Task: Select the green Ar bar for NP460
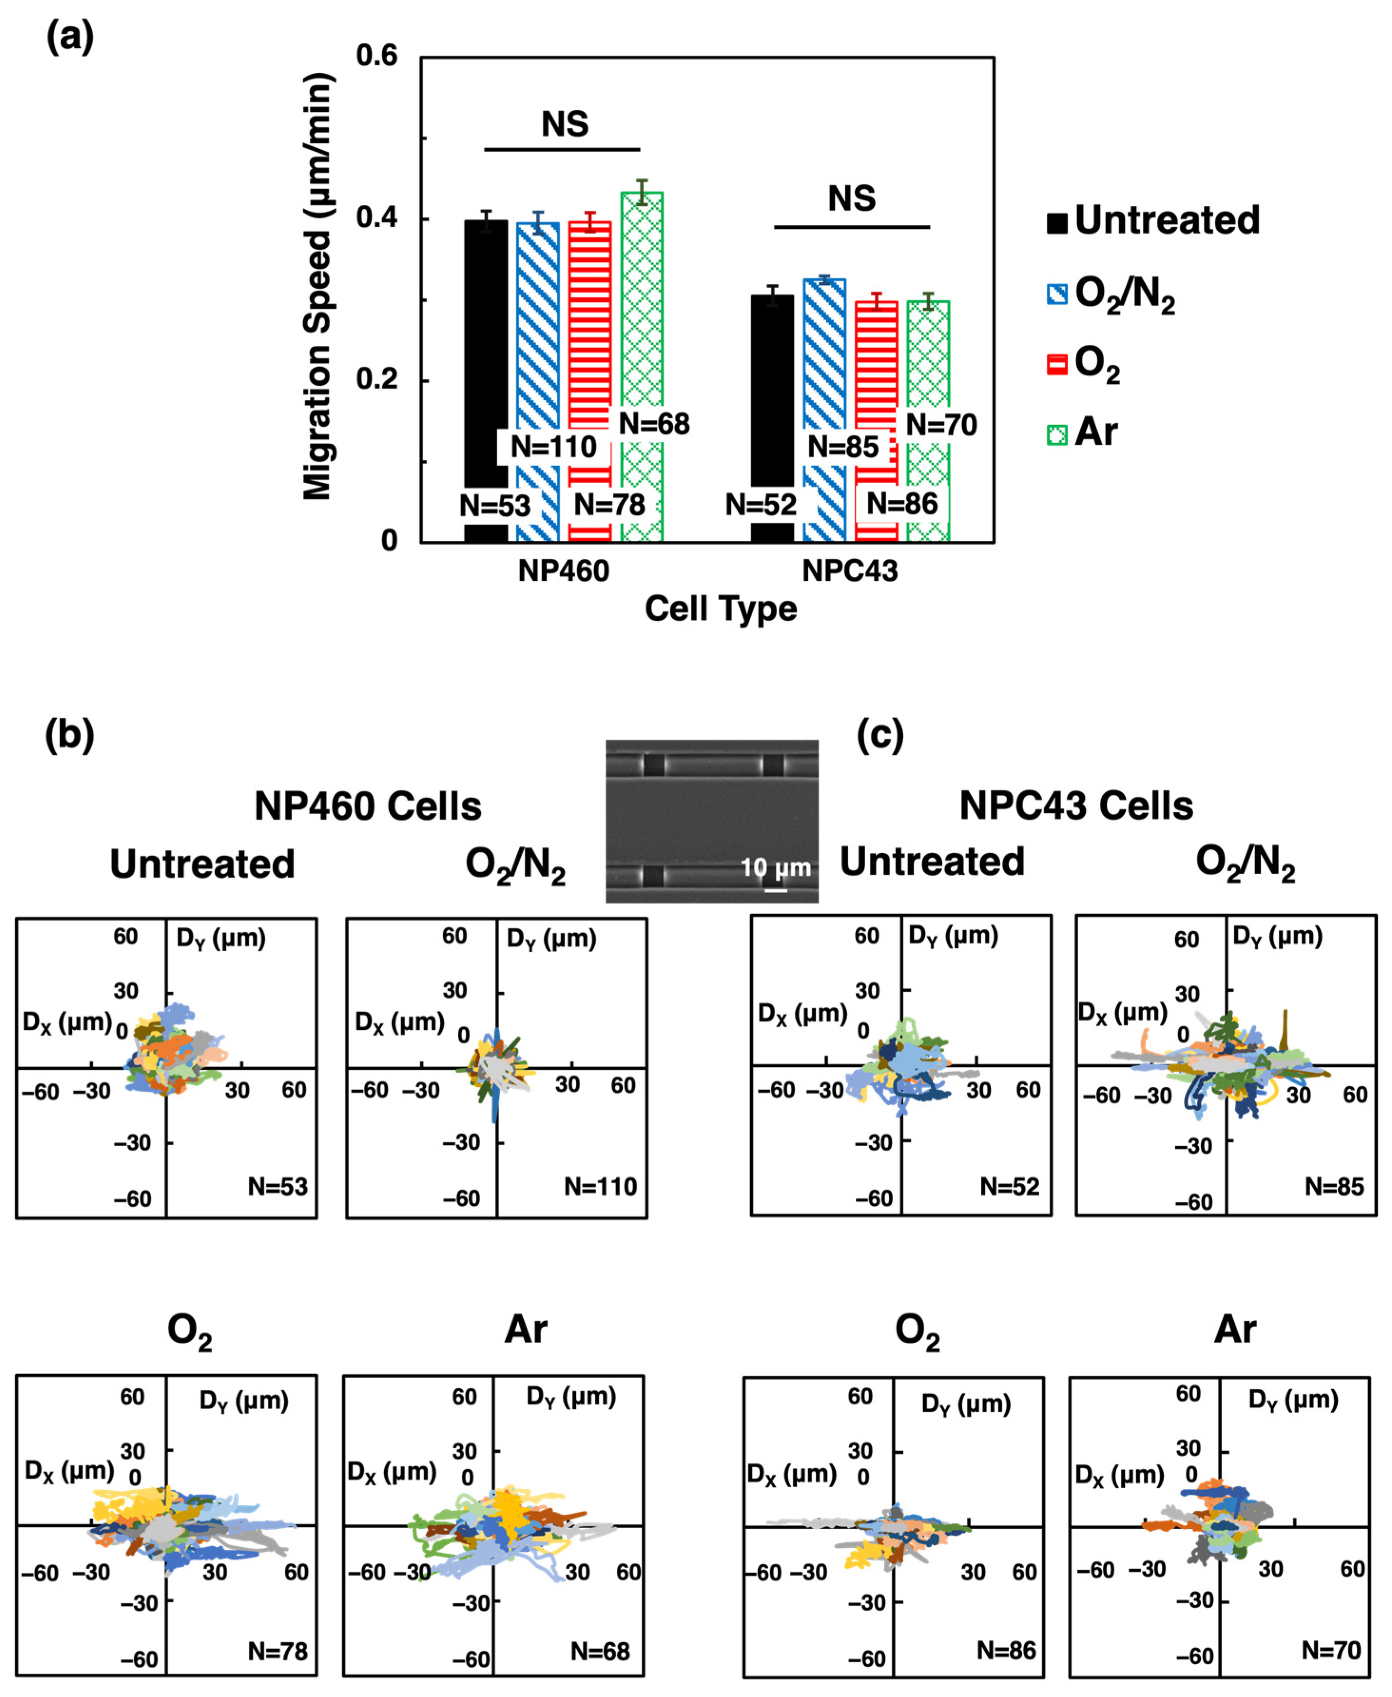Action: pos(641,321)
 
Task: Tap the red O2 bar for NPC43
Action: pos(876,369)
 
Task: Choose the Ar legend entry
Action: pos(1083,433)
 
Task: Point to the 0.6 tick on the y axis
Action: pos(377,56)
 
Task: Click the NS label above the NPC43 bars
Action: pos(851,198)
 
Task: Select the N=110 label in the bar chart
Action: pos(553,447)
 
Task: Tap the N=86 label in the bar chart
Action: pos(902,504)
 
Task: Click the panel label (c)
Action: pos(880,735)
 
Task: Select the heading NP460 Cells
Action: pos(368,807)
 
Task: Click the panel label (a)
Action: pos(70,37)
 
